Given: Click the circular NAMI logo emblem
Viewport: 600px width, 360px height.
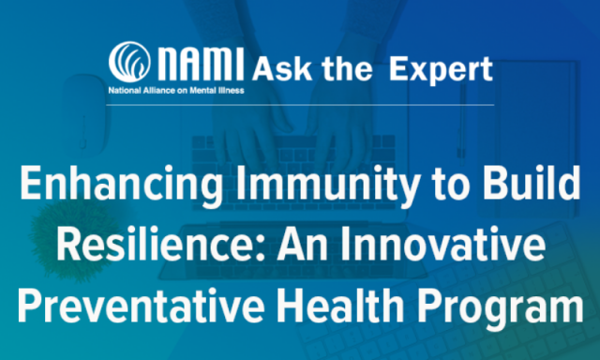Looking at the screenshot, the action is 129,62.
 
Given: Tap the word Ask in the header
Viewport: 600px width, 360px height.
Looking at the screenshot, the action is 282,68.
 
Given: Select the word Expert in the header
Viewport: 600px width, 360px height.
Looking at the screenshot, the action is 441,70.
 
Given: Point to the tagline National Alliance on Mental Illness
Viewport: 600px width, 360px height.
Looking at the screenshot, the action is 176,91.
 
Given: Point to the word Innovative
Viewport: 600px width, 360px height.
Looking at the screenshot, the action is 452,243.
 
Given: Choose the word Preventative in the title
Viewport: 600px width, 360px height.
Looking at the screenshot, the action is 142,306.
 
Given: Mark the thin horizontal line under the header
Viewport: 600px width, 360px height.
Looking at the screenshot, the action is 300,104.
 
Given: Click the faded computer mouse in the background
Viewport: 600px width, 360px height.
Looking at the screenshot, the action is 83,114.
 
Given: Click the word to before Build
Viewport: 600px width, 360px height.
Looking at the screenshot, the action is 451,187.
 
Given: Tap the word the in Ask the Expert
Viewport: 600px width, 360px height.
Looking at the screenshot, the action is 347,68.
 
